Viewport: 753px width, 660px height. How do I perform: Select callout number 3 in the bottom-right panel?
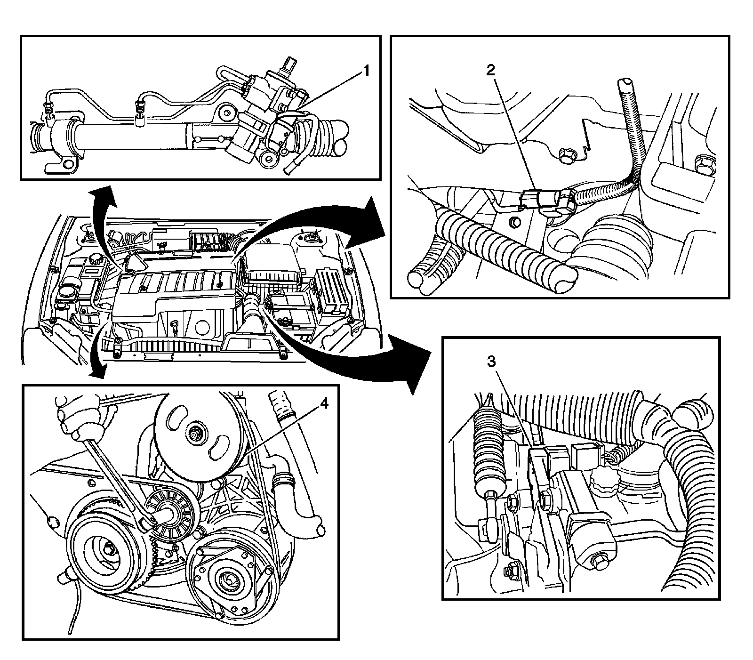tap(491, 362)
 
